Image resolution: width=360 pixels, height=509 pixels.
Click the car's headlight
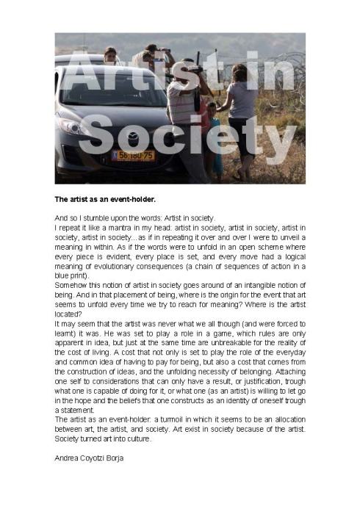(73, 126)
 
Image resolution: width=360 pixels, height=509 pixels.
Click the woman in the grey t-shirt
(242, 110)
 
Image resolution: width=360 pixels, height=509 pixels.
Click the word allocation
(287, 419)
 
